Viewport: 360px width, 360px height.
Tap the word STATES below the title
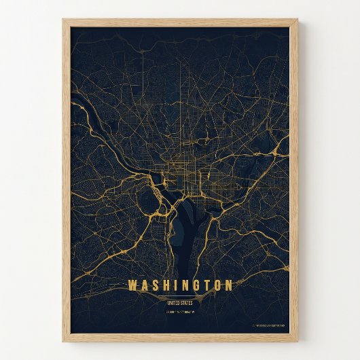click(187, 302)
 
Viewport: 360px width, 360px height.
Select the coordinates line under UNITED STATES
click(180, 312)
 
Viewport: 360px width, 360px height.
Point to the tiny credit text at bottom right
click(270, 326)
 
